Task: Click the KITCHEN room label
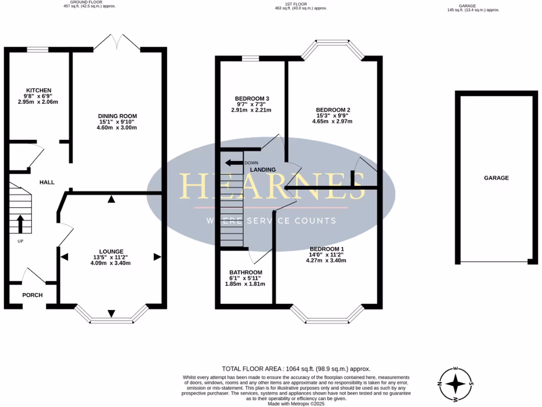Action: pos(39,90)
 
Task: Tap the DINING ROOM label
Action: pos(118,116)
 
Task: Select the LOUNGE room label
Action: pos(111,252)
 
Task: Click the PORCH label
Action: pos(32,295)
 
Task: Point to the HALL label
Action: pos(47,182)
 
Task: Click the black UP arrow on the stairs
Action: pos(21,224)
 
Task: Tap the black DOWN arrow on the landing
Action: pos(234,163)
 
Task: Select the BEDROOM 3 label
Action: pos(252,99)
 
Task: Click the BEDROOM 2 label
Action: pos(333,110)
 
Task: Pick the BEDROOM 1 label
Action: pos(327,249)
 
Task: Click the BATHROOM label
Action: pos(246,272)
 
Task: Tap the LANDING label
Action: pos(263,170)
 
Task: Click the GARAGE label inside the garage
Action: pos(496,178)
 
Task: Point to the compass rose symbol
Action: pos(456,384)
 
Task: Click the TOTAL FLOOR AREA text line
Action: pos(296,369)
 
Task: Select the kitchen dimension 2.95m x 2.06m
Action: pos(38,102)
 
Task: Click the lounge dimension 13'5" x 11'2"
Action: pos(111,257)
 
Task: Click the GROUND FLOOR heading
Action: pos(86,2)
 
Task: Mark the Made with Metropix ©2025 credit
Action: pos(296,403)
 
